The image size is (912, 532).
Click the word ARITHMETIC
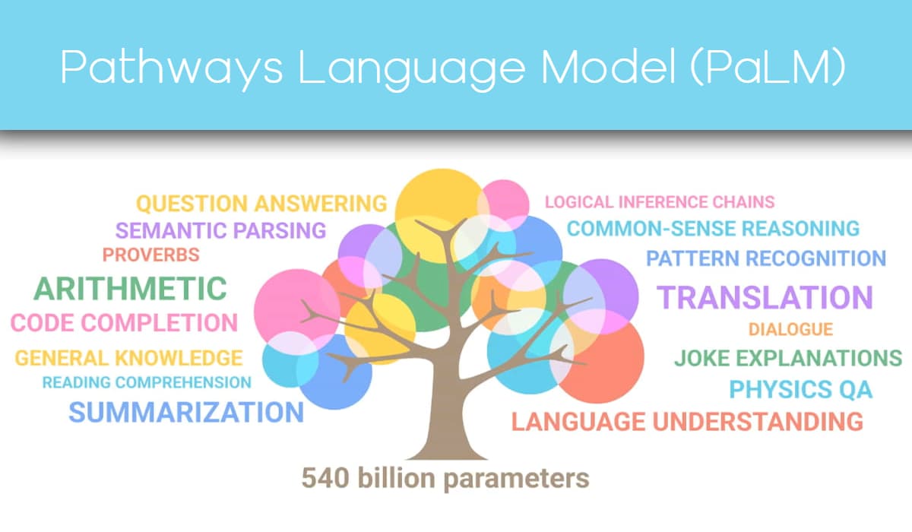pyautogui.click(x=130, y=289)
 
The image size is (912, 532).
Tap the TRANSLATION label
pyautogui.click(x=765, y=297)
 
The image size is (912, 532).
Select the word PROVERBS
pyautogui.click(x=151, y=255)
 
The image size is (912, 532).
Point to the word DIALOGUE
pyautogui.click(x=790, y=329)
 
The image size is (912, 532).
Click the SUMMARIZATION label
pyautogui.click(x=186, y=413)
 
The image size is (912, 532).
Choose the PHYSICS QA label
pyautogui.click(x=801, y=389)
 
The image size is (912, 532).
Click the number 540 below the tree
pyautogui.click(x=325, y=478)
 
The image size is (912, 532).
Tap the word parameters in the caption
pyautogui.click(x=516, y=480)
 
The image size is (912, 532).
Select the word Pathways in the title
pyautogui.click(x=172, y=67)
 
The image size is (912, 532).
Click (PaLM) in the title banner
pyautogui.click(x=768, y=66)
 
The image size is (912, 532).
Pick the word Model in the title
pyautogui.click(x=608, y=66)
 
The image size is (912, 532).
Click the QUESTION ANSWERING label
pyautogui.click(x=261, y=204)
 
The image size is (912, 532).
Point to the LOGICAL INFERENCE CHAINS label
pyautogui.click(x=660, y=202)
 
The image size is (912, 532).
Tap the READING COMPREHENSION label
pyautogui.click(x=147, y=382)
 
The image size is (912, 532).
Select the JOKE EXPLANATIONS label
pyautogui.click(x=788, y=358)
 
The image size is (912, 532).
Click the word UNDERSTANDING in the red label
pyautogui.click(x=758, y=421)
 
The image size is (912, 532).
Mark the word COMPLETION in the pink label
pyautogui.click(x=159, y=323)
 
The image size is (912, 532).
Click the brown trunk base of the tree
pyautogui.click(x=447, y=445)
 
